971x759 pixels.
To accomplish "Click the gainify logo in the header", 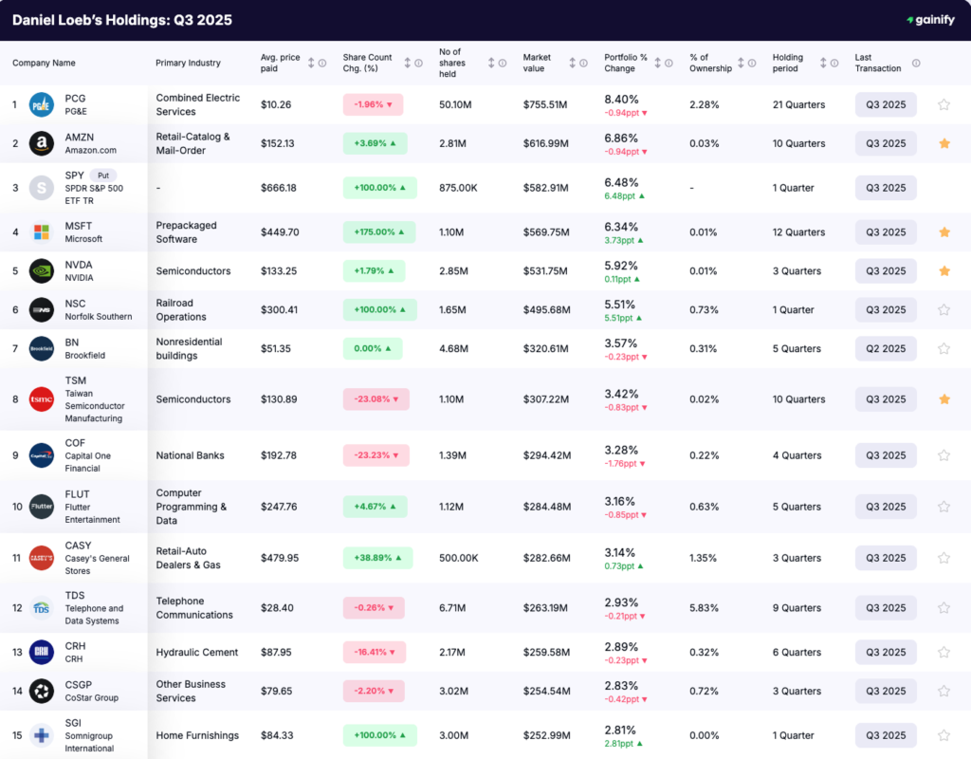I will click(x=931, y=20).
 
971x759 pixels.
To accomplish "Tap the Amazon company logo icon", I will click(x=41, y=143).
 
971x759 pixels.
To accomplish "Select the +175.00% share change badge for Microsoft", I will click(x=379, y=232).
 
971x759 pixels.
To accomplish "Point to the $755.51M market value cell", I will click(x=545, y=104).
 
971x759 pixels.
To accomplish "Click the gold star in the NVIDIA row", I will click(x=944, y=271).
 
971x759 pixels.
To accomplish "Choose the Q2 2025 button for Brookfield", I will click(x=886, y=348).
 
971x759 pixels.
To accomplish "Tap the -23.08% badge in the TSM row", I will click(x=376, y=399).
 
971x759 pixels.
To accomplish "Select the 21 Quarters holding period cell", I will click(x=798, y=104).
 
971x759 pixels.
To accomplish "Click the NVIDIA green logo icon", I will click(x=41, y=271).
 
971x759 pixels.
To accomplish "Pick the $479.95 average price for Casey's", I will click(x=280, y=558).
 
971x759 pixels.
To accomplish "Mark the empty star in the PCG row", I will click(x=944, y=104).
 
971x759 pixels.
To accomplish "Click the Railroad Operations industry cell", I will click(x=181, y=310).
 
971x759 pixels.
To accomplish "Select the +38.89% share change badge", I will click(x=377, y=558).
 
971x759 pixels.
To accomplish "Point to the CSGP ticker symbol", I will click(x=79, y=685).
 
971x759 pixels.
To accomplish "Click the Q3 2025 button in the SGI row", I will click(x=886, y=735).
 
